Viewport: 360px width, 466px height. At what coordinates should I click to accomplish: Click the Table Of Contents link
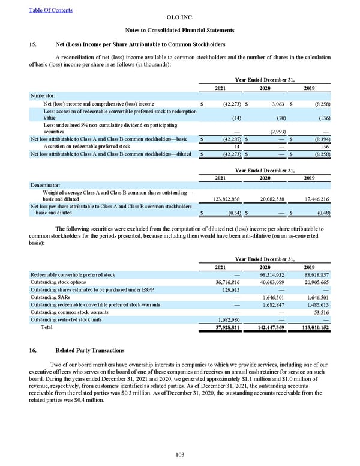(50, 10)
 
